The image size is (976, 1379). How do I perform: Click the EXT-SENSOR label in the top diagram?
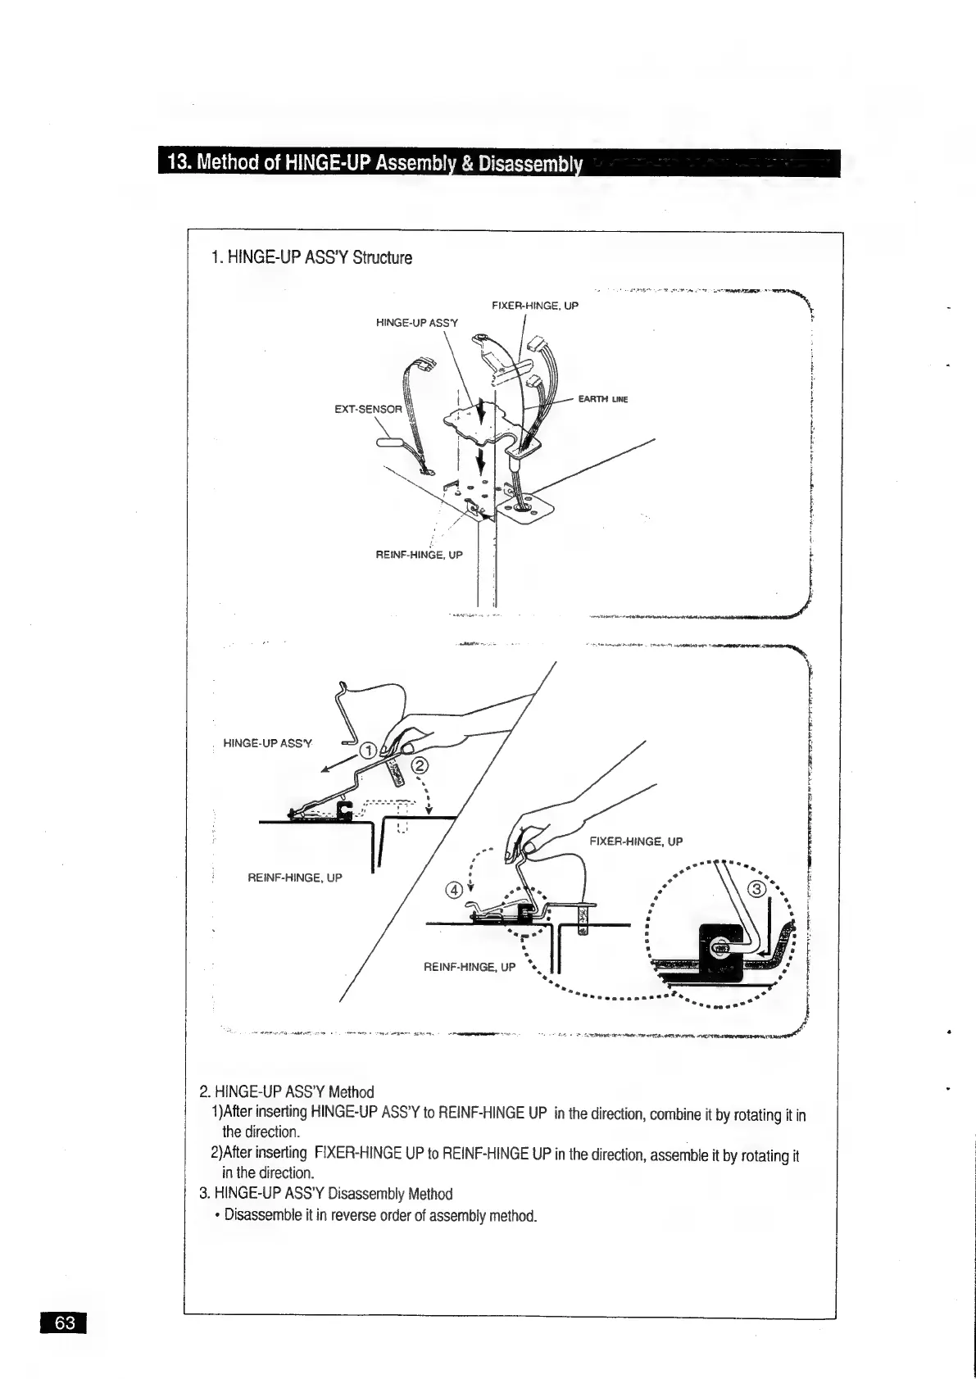point(369,409)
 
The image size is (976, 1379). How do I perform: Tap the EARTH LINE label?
point(602,400)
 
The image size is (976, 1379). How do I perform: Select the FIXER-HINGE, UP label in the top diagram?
point(535,306)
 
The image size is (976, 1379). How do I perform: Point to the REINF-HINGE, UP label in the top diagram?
point(419,555)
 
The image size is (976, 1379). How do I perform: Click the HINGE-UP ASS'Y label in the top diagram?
point(417,323)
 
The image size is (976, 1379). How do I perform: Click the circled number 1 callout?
point(369,751)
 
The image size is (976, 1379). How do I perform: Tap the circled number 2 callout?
point(419,766)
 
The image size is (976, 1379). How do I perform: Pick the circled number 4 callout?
point(452,891)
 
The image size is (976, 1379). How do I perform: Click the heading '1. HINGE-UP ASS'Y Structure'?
point(311,258)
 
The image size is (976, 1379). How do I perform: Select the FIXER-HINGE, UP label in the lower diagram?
point(636,841)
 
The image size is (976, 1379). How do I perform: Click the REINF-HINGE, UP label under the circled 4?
point(469,967)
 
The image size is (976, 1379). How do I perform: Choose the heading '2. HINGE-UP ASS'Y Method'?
point(287,1092)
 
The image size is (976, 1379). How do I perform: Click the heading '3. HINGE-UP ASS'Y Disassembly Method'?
point(326,1194)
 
